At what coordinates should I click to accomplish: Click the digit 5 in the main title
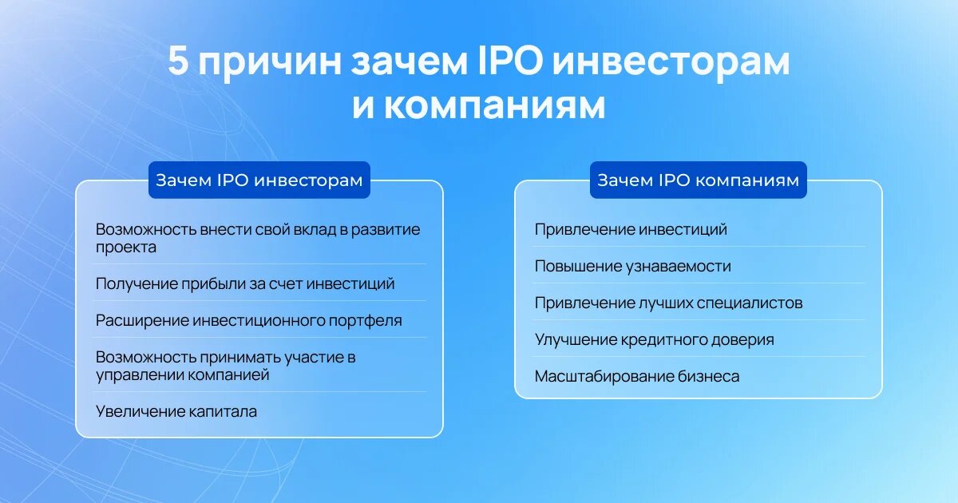click(178, 61)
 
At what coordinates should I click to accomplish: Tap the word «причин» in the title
click(271, 65)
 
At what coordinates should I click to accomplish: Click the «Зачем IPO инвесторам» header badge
click(259, 180)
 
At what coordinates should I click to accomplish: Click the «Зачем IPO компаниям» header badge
click(698, 180)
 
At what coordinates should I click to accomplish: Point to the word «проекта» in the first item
click(126, 248)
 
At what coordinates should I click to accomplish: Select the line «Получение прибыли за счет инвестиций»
click(245, 284)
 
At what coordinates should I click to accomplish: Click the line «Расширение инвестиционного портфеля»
click(249, 321)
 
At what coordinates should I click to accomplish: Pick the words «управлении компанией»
click(183, 375)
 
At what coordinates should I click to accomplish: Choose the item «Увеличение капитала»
click(176, 411)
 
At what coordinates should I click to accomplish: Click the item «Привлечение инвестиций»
click(631, 230)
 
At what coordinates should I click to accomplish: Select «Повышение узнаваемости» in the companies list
click(633, 267)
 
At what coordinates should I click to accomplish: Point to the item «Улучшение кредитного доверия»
click(655, 340)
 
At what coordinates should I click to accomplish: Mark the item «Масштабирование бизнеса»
click(637, 377)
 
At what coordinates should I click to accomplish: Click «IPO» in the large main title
click(510, 61)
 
